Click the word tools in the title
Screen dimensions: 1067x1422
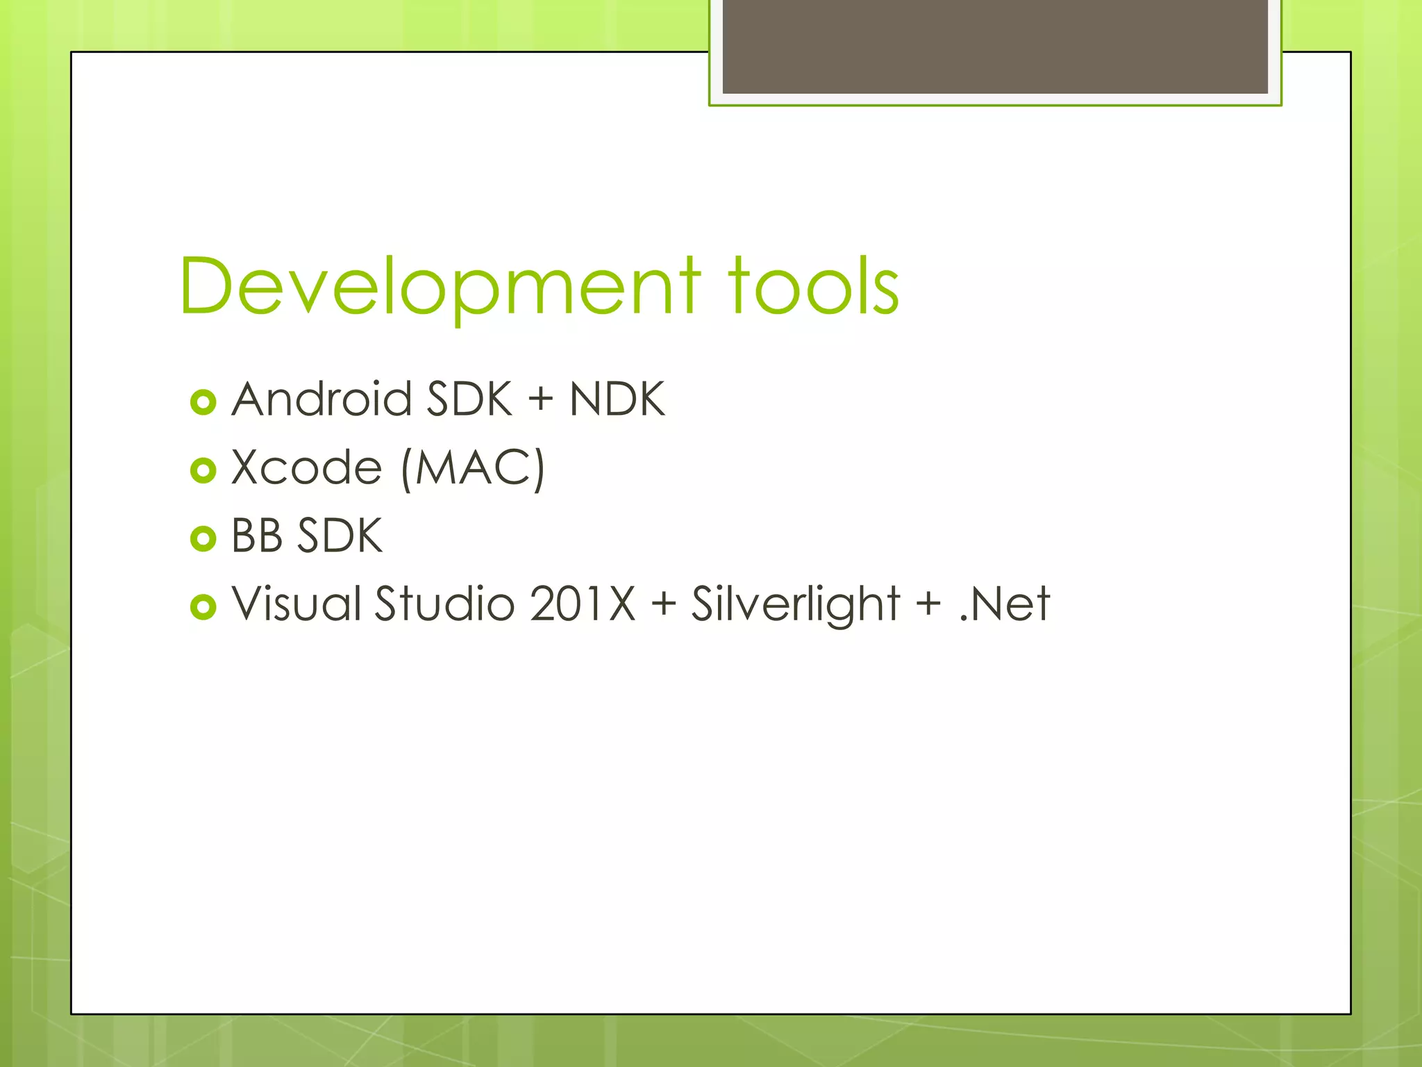click(813, 286)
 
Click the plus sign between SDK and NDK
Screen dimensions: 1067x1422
click(540, 401)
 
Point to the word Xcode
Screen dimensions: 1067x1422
click(306, 468)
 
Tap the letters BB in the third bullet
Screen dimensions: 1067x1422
click(256, 536)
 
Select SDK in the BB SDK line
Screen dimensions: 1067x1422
click(340, 536)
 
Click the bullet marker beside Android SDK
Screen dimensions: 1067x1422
click(203, 402)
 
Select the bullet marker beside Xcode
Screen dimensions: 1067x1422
click(203, 470)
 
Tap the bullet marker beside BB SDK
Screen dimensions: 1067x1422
click(203, 538)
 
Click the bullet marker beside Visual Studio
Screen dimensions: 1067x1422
click(203, 606)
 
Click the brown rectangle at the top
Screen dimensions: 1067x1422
click(995, 46)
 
